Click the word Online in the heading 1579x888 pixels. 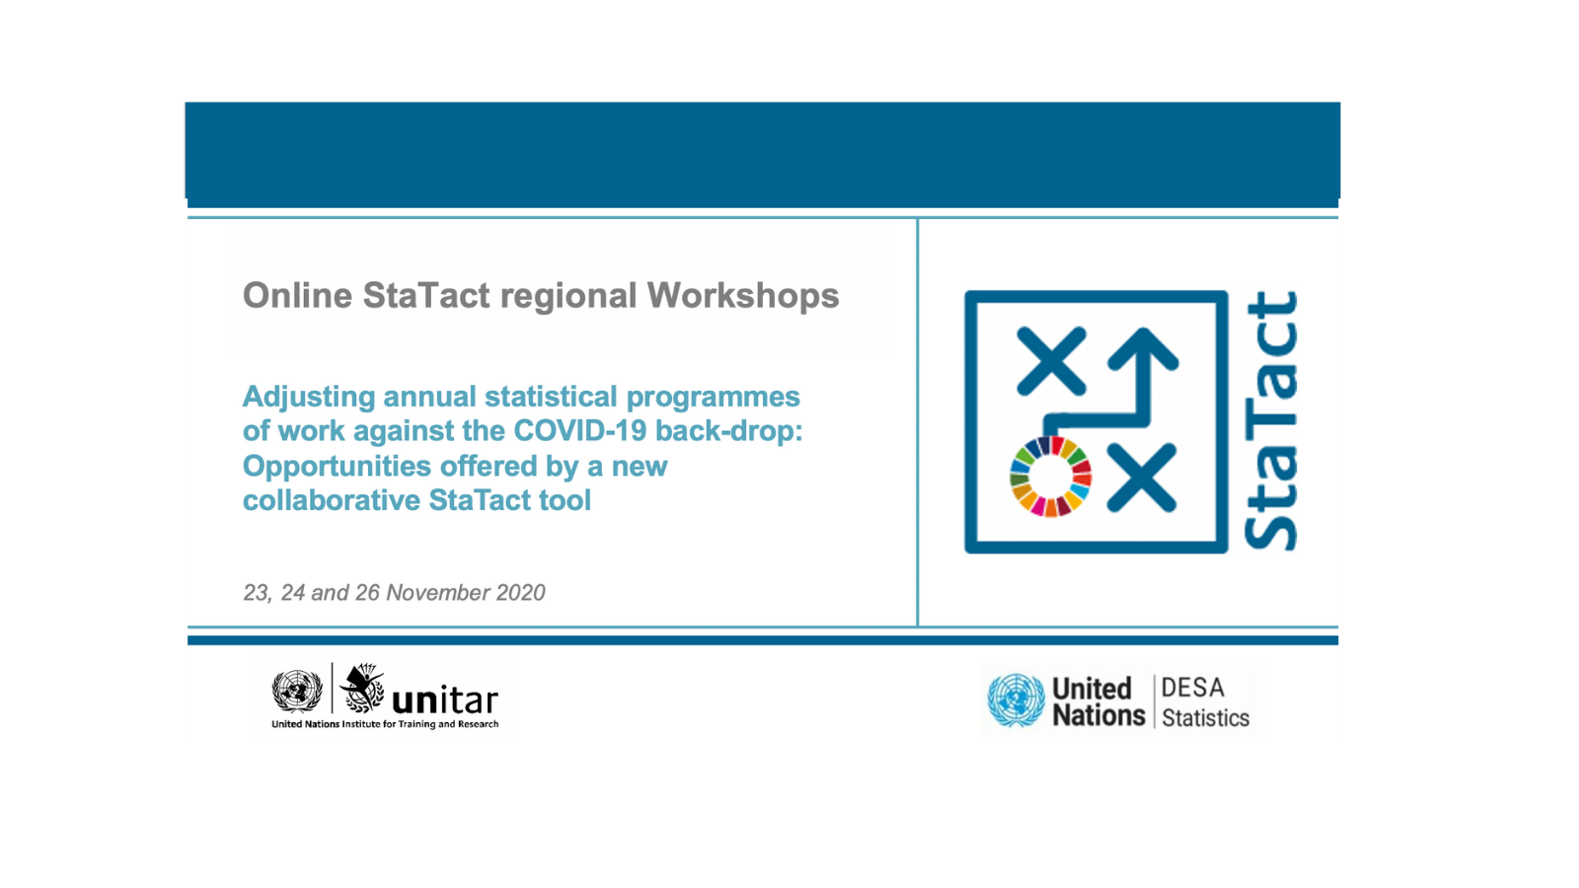pos(297,295)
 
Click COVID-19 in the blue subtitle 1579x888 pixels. pos(579,430)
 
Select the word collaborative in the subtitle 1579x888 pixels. pos(332,500)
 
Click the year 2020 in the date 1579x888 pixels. pos(520,593)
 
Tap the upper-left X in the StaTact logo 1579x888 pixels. pos(1050,360)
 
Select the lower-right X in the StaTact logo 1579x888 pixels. pos(1141,478)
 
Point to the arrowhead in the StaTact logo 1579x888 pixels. pos(1143,349)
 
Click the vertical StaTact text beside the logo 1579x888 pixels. pos(1271,420)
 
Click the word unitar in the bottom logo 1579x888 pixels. pos(445,700)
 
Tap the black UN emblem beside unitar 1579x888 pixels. pos(297,691)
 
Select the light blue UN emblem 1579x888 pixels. pos(1015,701)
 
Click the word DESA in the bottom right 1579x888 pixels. pos(1193,687)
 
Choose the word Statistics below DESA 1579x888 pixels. pos(1205,718)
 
